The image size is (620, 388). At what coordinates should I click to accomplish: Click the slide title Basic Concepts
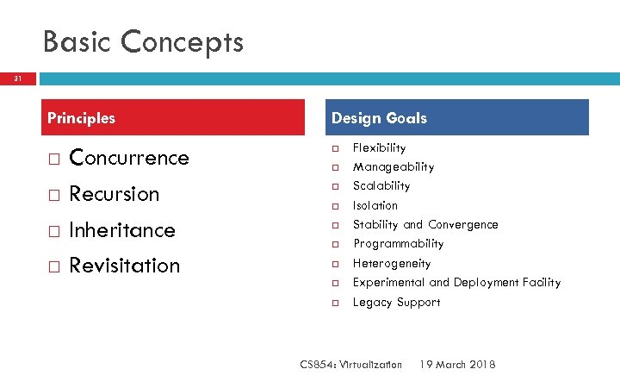click(143, 41)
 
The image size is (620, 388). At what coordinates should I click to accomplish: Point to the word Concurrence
click(128, 158)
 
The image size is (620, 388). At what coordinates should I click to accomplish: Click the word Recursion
click(114, 194)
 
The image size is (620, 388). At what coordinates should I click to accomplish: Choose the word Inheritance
click(121, 230)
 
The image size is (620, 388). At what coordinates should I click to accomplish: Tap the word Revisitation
click(124, 266)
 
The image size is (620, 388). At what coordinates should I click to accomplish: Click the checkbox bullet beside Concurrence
click(53, 159)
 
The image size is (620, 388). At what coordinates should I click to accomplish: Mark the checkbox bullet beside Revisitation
click(53, 266)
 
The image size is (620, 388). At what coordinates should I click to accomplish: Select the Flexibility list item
click(379, 148)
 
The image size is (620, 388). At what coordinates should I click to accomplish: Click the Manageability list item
click(393, 167)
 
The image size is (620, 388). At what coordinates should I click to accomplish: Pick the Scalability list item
click(381, 186)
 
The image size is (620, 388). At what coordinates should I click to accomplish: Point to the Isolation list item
click(375, 206)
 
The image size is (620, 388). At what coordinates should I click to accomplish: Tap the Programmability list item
click(398, 244)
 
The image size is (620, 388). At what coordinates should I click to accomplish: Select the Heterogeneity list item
click(391, 264)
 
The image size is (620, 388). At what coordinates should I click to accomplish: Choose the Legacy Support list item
click(396, 303)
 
